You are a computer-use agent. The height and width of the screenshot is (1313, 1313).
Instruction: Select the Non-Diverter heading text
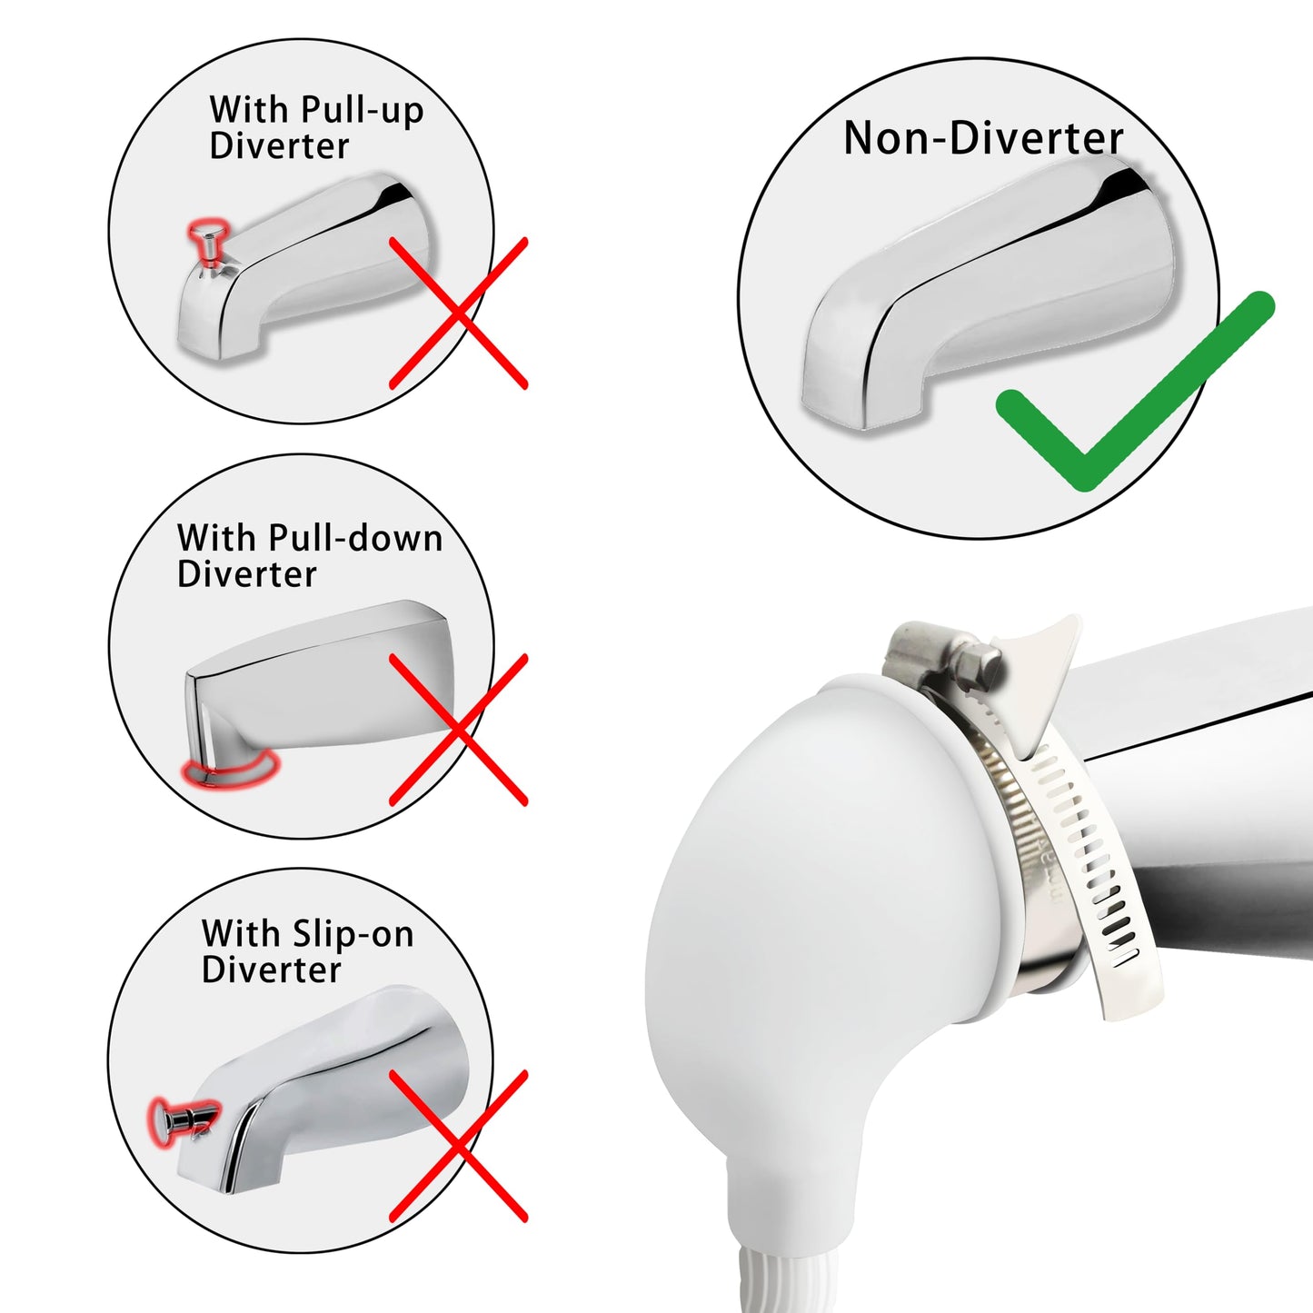pos(983,138)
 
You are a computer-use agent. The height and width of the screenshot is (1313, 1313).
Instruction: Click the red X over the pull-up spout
pos(459,313)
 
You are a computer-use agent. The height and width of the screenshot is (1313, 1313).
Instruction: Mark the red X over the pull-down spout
pos(459,730)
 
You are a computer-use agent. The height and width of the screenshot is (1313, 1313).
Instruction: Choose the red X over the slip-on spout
pos(459,1146)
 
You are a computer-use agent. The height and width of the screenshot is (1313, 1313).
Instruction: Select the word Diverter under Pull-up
pos(279,146)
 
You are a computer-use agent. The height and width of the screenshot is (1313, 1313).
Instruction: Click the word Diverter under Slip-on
pos(271,970)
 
